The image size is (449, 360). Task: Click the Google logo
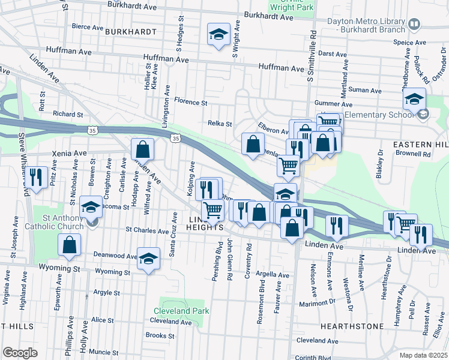click(x=20, y=353)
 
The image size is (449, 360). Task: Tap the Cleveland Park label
click(x=181, y=311)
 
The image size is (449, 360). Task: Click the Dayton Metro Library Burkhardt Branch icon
click(x=413, y=24)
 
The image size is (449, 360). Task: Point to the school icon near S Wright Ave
click(x=218, y=34)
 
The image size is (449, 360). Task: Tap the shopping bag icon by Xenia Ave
click(x=143, y=148)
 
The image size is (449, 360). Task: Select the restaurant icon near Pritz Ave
click(x=37, y=177)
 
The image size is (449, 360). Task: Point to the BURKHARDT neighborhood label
click(x=130, y=31)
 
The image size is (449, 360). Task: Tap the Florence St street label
click(x=190, y=103)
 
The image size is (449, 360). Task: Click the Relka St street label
click(x=220, y=124)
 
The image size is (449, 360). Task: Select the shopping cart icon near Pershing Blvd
click(x=212, y=211)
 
